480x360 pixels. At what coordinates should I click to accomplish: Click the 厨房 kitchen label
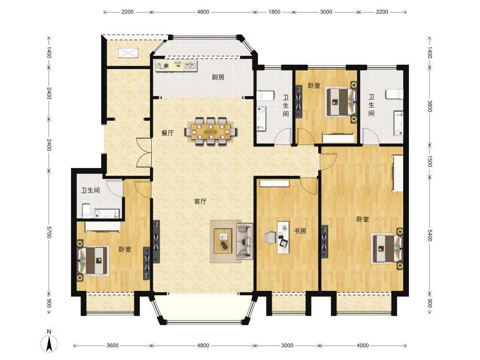click(218, 77)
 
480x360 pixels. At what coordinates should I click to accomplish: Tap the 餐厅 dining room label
click(168, 133)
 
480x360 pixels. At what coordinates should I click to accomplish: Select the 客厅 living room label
click(200, 202)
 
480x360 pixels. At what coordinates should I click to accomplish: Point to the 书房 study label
click(300, 231)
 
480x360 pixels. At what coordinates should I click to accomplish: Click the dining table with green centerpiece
click(211, 132)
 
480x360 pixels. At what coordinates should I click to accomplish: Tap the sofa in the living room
click(244, 241)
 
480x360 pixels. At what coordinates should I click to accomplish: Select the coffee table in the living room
click(223, 241)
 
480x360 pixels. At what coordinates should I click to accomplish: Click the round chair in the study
click(269, 238)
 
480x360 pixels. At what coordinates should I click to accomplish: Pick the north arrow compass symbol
click(49, 342)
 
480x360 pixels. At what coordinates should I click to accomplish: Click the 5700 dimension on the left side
click(49, 232)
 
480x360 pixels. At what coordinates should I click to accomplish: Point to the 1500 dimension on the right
click(430, 161)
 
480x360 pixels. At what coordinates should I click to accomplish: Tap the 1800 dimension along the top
click(274, 12)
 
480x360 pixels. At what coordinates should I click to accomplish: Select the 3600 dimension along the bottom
click(112, 346)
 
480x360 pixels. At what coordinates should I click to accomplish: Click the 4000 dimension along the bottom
click(362, 346)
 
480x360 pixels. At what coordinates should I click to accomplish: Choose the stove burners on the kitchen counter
click(163, 65)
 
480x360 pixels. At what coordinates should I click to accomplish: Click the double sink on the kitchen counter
click(191, 65)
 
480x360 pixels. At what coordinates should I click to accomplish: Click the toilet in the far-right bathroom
click(395, 94)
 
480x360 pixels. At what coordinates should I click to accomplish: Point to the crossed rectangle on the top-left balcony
click(129, 53)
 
